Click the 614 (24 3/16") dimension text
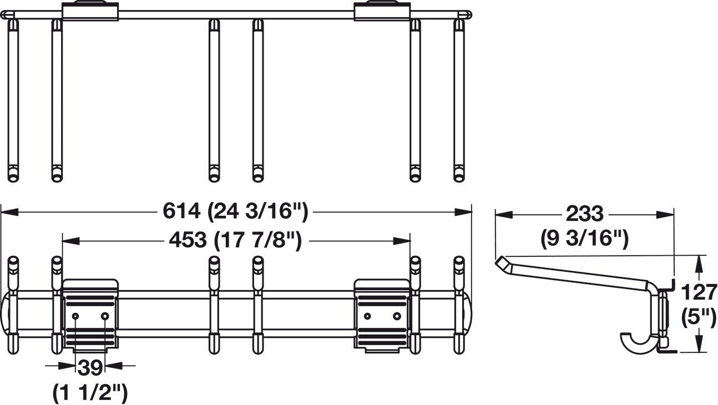click(235, 211)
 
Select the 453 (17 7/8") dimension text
click(235, 241)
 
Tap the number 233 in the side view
click(584, 214)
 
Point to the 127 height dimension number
click(699, 291)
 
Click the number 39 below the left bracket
click(89, 367)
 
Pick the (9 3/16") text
click(584, 238)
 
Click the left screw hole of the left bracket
click(75, 316)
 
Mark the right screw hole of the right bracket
click(397, 316)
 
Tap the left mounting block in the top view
click(90, 11)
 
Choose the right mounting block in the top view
click(382, 11)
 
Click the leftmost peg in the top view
click(13, 100)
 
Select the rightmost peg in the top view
click(459, 100)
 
